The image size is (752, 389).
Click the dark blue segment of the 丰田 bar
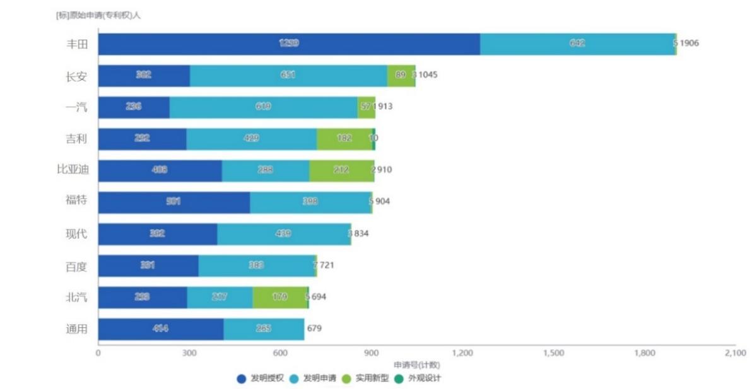coord(288,44)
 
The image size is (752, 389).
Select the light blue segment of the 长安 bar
coord(288,75)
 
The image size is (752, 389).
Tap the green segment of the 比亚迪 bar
coord(341,170)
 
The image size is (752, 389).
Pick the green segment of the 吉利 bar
coord(344,139)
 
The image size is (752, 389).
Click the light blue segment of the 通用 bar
coord(264,328)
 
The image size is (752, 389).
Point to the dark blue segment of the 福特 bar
coord(173,202)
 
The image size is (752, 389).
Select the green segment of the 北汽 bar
coord(279,297)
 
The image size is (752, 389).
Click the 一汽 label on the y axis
coord(76,107)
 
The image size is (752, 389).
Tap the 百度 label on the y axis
coord(76,266)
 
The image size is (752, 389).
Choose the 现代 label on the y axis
coord(76,234)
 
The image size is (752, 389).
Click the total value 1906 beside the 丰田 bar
coord(689,44)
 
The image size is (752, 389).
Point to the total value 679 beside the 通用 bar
coord(315,328)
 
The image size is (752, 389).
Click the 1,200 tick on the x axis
coord(462,353)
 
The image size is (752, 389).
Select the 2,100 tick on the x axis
coord(736,353)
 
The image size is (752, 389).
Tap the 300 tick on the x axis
coord(189,353)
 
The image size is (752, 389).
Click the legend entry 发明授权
coord(260,379)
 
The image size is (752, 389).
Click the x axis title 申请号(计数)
coord(417,365)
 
